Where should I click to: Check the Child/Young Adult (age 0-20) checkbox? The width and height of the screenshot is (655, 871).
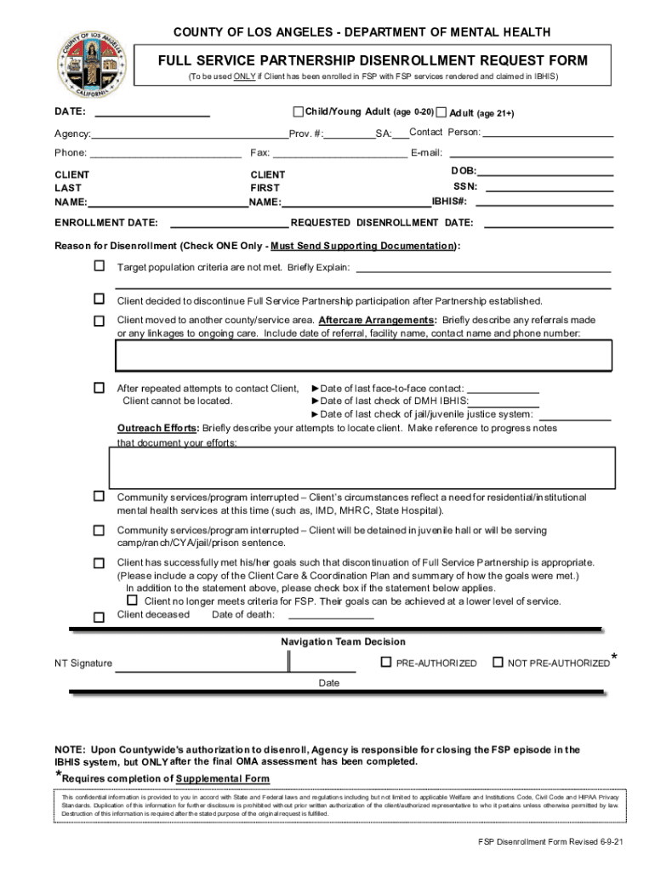pos(298,112)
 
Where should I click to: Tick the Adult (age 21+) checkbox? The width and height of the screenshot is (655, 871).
pos(441,113)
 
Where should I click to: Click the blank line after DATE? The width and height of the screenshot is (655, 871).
pos(152,114)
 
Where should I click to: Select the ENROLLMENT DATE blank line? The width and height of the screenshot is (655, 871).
pos(230,225)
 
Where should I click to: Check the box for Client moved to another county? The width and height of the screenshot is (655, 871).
pos(99,320)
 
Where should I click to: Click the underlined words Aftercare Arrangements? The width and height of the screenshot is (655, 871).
pos(377,321)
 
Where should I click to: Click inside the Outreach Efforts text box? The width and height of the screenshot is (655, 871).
pos(362,465)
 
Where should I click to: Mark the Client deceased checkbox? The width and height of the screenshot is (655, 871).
pos(99,616)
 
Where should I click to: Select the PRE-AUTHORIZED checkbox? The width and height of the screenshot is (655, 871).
pos(385,662)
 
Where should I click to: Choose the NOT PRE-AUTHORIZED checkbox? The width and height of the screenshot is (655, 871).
pos(498,662)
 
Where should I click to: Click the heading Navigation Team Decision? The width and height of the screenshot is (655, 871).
pos(343,641)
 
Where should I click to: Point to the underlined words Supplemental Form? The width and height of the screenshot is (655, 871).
pos(224,779)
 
